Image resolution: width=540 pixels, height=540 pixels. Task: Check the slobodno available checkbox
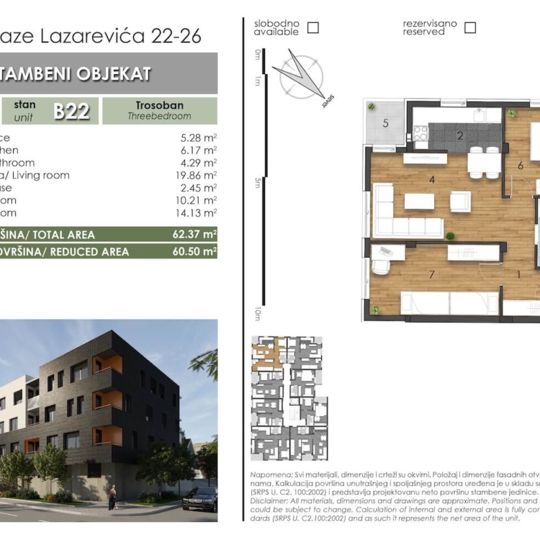[x=313, y=28]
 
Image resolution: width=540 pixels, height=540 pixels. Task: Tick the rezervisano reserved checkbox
[x=470, y=28]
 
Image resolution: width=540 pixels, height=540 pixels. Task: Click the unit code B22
[x=71, y=111]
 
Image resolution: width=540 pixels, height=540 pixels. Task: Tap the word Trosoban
[x=159, y=105]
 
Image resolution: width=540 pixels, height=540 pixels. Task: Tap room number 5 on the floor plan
[x=386, y=123]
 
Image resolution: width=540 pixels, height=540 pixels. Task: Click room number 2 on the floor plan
[x=460, y=135]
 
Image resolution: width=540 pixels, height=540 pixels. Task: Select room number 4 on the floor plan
[x=431, y=180]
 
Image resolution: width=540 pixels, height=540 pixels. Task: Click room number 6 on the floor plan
[x=520, y=165]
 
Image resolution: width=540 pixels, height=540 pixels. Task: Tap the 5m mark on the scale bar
[x=257, y=183]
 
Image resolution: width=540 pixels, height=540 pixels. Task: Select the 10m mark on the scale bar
[x=257, y=314]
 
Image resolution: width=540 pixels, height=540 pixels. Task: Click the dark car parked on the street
[x=199, y=498]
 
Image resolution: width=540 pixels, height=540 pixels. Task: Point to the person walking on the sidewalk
[x=112, y=496]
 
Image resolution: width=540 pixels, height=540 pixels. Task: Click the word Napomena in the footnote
[x=267, y=476]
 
